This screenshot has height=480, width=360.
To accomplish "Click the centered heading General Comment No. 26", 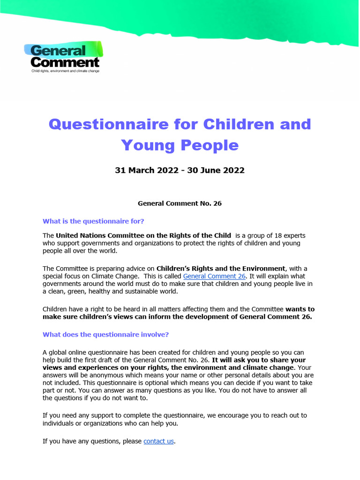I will [x=180, y=203].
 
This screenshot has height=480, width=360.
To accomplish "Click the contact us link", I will [x=158, y=441].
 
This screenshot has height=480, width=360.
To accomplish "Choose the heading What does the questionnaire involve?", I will [x=105, y=334].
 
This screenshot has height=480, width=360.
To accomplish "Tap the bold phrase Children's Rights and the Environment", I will [x=221, y=269].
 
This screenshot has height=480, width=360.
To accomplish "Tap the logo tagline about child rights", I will [x=65, y=71].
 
